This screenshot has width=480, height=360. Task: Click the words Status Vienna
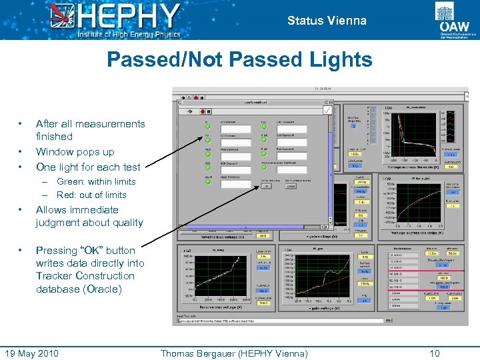(x=327, y=21)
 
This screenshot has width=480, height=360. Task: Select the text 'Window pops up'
(x=75, y=152)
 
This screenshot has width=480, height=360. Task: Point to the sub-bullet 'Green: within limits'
(x=96, y=181)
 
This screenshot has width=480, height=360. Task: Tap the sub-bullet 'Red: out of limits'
(x=91, y=195)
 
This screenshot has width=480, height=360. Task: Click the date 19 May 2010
(x=32, y=353)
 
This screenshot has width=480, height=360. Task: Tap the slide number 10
(x=435, y=353)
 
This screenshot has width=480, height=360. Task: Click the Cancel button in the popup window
(x=291, y=187)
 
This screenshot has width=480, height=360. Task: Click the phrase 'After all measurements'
(x=90, y=124)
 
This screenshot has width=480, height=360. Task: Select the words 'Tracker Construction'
(x=85, y=276)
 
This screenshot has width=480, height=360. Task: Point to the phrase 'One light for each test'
(x=88, y=167)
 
